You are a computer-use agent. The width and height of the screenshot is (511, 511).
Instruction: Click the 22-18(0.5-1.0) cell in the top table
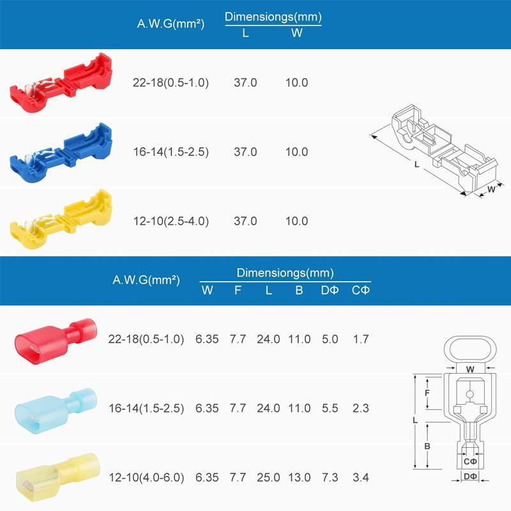tap(171, 83)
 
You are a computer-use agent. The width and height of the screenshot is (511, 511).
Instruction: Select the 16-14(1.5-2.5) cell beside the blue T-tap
tap(171, 152)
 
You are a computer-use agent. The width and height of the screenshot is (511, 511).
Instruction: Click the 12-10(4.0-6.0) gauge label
tap(146, 478)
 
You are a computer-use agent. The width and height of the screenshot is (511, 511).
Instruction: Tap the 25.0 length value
tap(268, 478)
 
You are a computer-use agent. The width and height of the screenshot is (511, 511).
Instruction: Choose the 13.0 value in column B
tap(299, 478)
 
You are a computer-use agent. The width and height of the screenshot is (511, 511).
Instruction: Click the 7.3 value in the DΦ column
tap(330, 478)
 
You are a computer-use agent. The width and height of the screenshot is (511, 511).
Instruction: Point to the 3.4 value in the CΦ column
tap(361, 478)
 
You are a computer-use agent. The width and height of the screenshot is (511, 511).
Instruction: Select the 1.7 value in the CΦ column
tap(361, 340)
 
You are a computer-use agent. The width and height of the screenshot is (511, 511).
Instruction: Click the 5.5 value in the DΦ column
tap(330, 409)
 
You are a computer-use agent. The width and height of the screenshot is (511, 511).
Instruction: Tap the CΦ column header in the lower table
tap(361, 291)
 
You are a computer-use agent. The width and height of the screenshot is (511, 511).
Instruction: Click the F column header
tap(238, 291)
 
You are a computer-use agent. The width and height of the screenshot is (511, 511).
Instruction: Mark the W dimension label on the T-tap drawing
tap(491, 189)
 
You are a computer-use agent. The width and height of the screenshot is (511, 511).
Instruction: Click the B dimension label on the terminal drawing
tap(426, 446)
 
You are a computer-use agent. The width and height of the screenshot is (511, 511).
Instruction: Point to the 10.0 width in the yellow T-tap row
tap(296, 221)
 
